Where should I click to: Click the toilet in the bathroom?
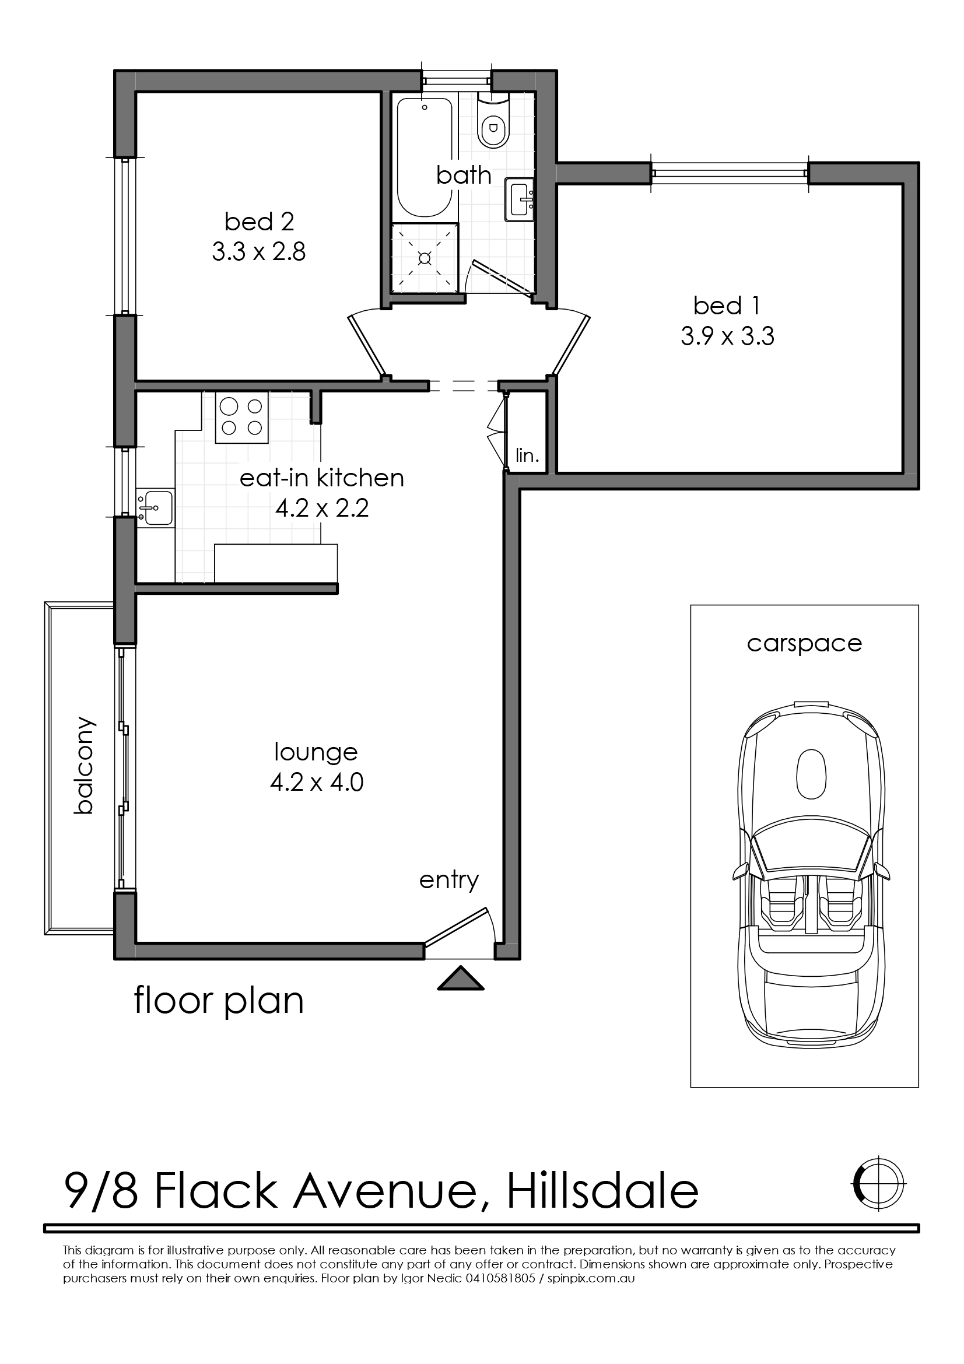point(493,120)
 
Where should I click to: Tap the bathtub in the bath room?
point(425,157)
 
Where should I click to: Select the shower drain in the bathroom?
point(425,258)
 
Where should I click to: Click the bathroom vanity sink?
point(521,199)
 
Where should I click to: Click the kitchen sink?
point(156,509)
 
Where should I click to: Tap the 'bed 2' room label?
point(259,222)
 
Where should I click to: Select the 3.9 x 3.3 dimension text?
point(727,337)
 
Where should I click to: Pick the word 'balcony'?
point(85,765)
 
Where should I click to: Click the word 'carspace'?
point(804,644)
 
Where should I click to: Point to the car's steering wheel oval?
point(811,774)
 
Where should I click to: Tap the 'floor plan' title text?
point(219,1002)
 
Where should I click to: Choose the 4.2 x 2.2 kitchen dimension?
point(322,509)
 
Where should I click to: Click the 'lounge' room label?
point(316,752)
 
